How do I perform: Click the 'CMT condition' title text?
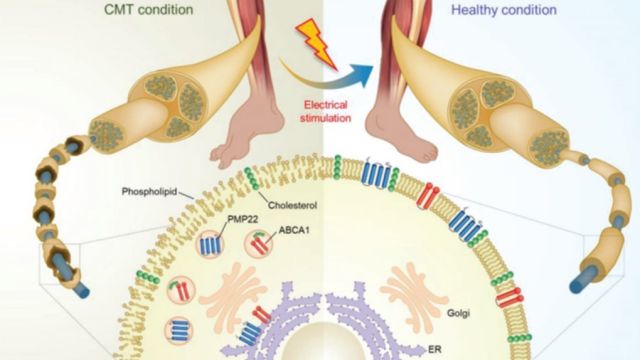pyautogui.click(x=149, y=9)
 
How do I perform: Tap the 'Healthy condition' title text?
pyautogui.click(x=504, y=9)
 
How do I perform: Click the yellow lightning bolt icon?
pyautogui.click(x=316, y=44)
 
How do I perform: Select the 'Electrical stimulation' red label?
pyautogui.click(x=325, y=111)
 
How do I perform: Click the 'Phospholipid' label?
pyautogui.click(x=149, y=191)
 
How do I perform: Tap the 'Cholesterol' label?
pyautogui.click(x=292, y=205)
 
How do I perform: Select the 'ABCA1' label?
pyautogui.click(x=294, y=230)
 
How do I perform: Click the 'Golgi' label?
pyautogui.click(x=458, y=313)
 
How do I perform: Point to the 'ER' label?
pyautogui.click(x=435, y=349)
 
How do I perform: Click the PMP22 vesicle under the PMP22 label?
pyautogui.click(x=210, y=245)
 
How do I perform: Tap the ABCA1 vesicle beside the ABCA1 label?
pyautogui.click(x=258, y=244)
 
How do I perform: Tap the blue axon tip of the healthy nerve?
pyautogui.click(x=577, y=283)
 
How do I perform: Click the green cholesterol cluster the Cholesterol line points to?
pyautogui.click(x=251, y=178)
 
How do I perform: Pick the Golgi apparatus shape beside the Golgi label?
pyautogui.click(x=413, y=295)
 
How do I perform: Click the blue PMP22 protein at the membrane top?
pyautogui.click(x=376, y=174)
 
